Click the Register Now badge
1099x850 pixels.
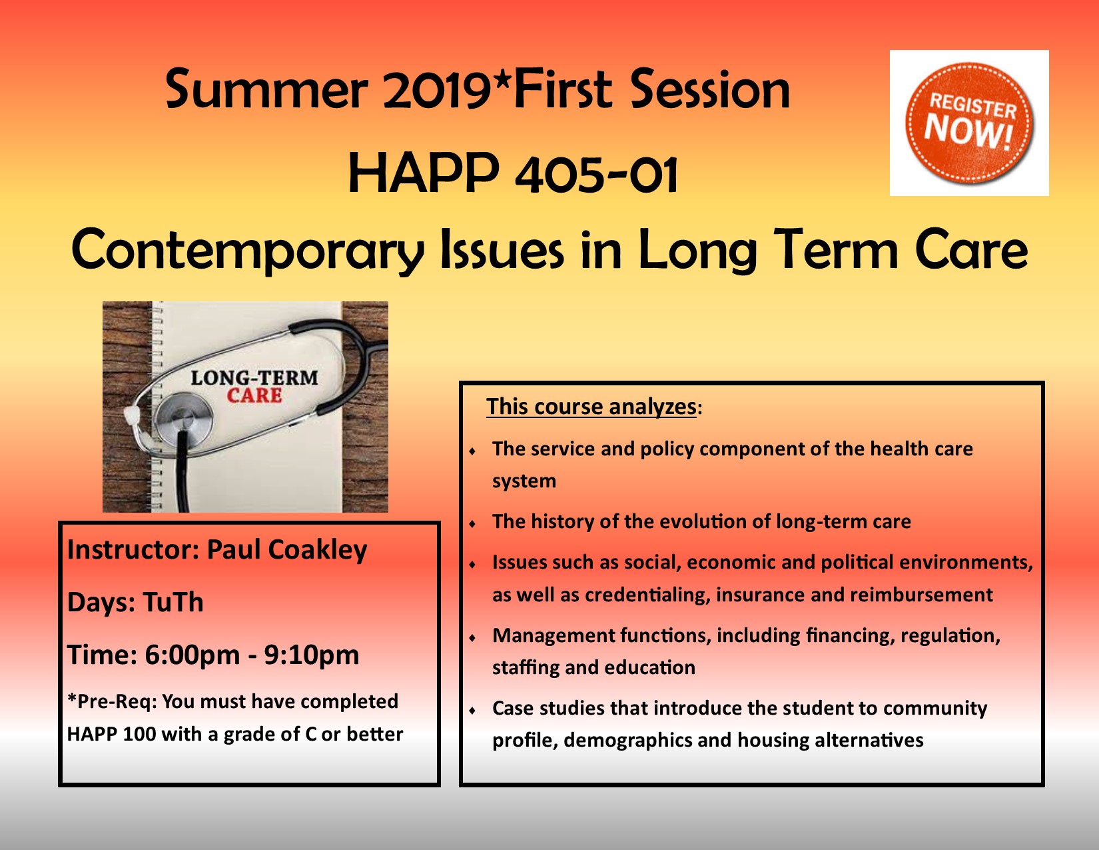(969, 123)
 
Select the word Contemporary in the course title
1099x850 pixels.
(247, 249)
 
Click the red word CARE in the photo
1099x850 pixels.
(254, 395)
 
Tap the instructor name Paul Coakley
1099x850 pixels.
(287, 550)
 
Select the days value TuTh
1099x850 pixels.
(173, 602)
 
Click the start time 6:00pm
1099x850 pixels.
(192, 655)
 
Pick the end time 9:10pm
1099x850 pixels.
(311, 655)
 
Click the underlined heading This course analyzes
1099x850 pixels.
(591, 407)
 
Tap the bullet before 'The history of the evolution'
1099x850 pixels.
(472, 523)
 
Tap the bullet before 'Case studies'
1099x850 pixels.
(472, 710)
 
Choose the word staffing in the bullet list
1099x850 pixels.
(526, 668)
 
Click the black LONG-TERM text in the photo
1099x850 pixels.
(254, 377)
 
